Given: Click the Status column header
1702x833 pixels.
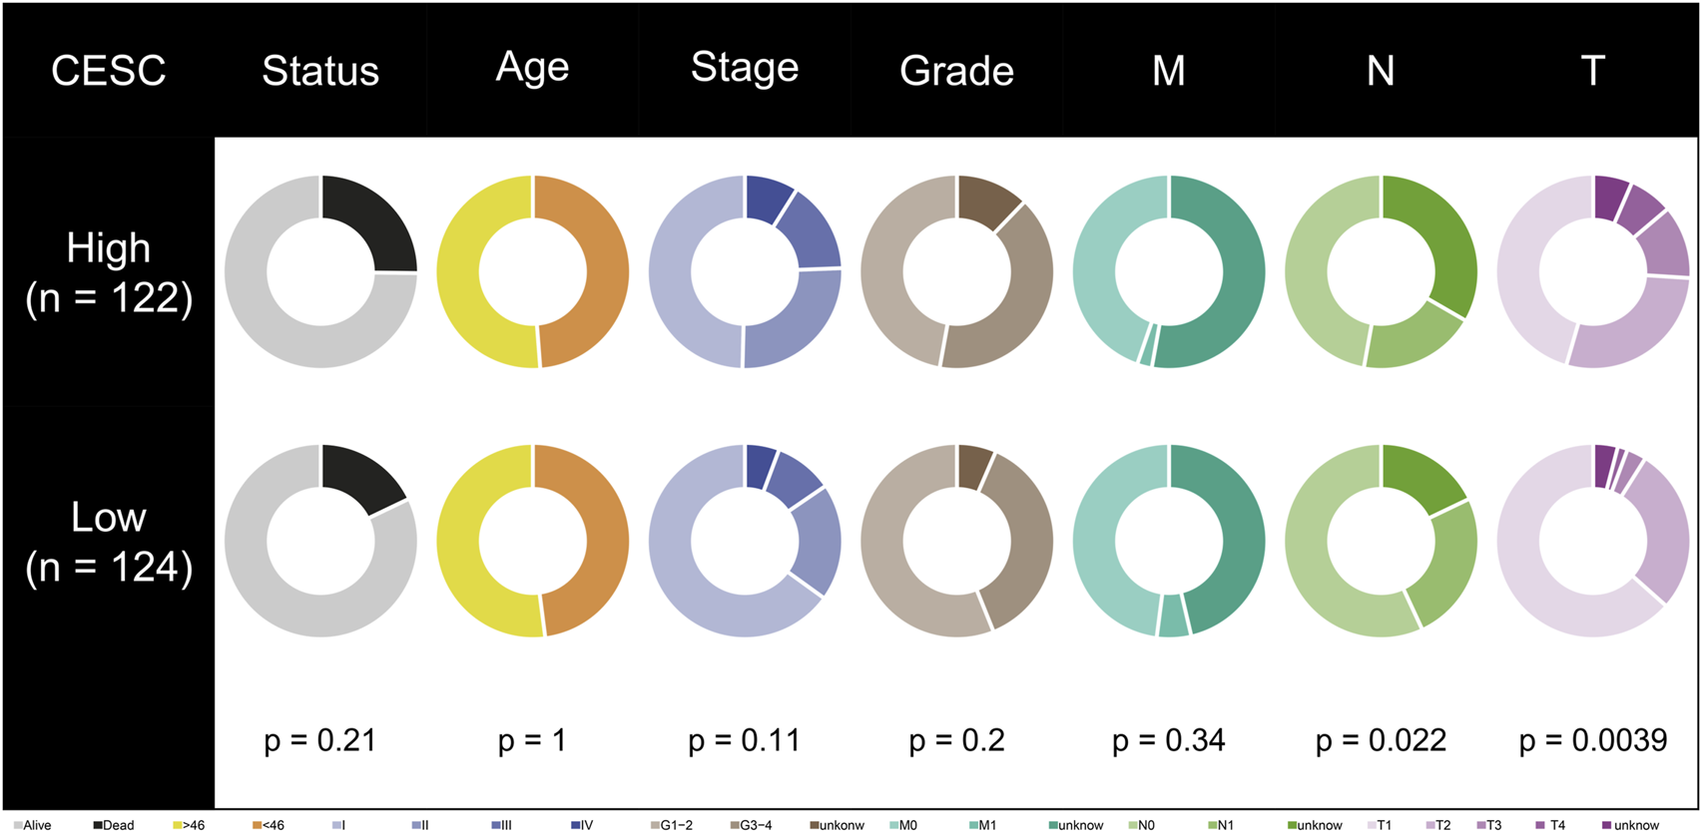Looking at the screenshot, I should click(x=320, y=71).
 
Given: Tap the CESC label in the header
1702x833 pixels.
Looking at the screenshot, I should click(x=108, y=71).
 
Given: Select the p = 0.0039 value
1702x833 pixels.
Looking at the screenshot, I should click(x=1592, y=740).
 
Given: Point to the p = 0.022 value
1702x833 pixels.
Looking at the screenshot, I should click(x=1381, y=740).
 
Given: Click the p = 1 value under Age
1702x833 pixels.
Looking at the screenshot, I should click(x=532, y=740).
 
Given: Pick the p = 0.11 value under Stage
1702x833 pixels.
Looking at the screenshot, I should click(x=744, y=740).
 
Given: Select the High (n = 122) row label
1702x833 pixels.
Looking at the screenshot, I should click(x=108, y=272).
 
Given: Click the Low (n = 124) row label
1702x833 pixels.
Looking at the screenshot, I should click(x=108, y=542).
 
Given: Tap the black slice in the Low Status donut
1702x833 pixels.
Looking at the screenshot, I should click(x=359, y=476).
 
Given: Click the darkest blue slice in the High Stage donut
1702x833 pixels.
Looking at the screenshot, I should click(x=767, y=197).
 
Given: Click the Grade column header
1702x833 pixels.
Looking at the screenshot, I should click(x=956, y=71).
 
